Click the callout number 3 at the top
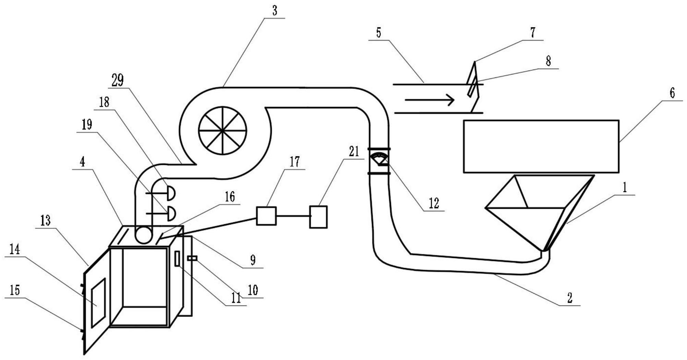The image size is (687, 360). [x=274, y=11]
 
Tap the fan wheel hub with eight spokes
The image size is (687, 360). [x=222, y=130]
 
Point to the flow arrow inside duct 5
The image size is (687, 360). [x=429, y=100]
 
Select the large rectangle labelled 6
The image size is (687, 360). [x=541, y=146]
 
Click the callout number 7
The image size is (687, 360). [x=532, y=33]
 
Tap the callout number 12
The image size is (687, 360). [x=434, y=203]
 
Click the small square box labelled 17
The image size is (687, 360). [x=266, y=216]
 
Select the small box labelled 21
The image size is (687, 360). [x=318, y=217]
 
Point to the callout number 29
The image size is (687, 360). [x=117, y=81]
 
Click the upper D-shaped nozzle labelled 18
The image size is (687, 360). [x=170, y=193]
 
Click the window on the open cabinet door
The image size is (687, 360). [x=98, y=303]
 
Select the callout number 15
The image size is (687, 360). [x=15, y=290]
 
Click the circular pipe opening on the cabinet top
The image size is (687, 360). [x=144, y=236]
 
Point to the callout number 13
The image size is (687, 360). [x=45, y=220]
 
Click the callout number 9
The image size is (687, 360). [x=253, y=260]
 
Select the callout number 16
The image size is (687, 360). [x=229, y=197]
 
